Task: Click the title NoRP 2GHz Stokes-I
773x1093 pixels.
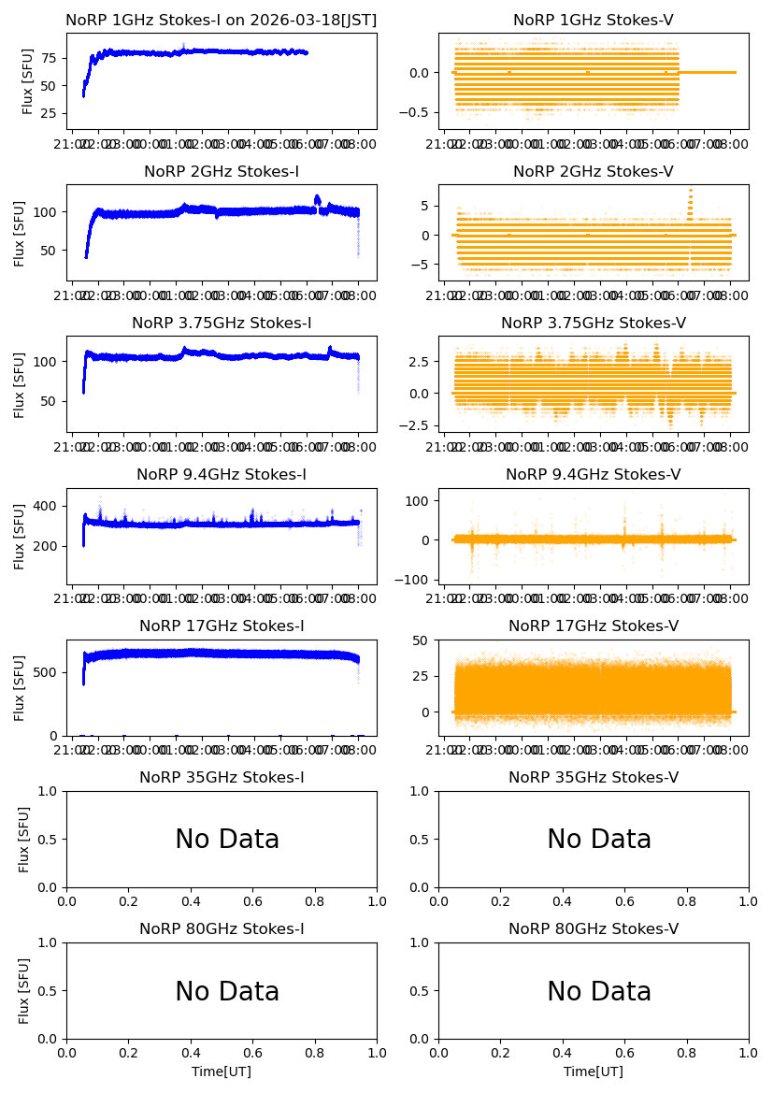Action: (x=222, y=172)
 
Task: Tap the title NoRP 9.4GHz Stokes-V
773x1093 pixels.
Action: (x=594, y=475)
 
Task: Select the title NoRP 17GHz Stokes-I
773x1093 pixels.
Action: (x=222, y=626)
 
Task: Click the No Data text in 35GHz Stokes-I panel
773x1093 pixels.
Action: (x=227, y=840)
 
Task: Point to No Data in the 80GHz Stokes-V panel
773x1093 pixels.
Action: (x=599, y=991)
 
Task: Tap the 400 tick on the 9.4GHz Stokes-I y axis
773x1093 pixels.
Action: (x=47, y=507)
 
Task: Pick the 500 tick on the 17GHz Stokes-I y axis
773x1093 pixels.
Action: (x=47, y=672)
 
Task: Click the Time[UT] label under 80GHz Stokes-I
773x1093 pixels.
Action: (x=222, y=1071)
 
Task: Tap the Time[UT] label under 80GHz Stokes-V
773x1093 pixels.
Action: (x=594, y=1071)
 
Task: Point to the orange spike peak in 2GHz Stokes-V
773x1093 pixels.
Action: (x=690, y=192)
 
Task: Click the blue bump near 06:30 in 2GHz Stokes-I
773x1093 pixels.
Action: (x=318, y=199)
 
